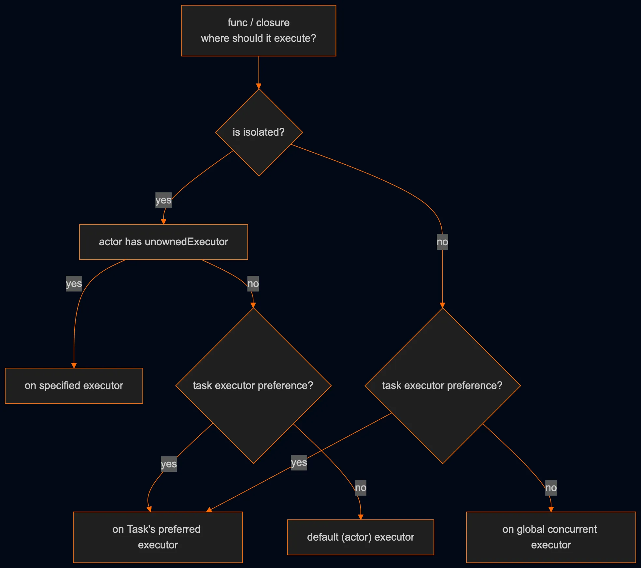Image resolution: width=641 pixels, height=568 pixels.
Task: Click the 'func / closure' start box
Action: coord(259,30)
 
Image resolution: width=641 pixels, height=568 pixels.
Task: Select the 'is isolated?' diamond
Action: coord(259,132)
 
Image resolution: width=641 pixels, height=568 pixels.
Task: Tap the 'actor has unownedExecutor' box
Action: coord(164,242)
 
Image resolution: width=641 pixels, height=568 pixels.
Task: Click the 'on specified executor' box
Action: coord(74,385)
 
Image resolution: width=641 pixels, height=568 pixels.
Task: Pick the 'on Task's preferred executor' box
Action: coord(158,537)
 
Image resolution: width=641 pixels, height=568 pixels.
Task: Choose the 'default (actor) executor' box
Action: coord(361,537)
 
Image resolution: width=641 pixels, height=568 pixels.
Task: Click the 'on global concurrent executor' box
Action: coord(551,537)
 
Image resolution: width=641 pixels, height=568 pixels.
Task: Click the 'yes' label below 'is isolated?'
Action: coord(163,200)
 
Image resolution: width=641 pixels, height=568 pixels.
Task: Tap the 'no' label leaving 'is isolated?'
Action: coord(442,242)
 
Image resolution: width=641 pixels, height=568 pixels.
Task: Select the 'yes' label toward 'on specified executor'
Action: coord(74,283)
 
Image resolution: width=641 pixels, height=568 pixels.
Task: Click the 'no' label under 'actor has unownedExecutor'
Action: coord(253,283)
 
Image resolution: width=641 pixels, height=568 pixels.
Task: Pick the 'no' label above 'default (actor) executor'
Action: coord(361,487)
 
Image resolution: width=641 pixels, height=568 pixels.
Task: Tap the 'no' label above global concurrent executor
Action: coord(551,487)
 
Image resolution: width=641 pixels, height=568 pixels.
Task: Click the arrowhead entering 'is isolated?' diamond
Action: coord(259,86)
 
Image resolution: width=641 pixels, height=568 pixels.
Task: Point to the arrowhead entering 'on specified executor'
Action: coord(74,366)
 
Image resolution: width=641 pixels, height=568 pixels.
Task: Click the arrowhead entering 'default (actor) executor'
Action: coord(361,517)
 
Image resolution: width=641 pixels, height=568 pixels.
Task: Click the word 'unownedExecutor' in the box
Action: coord(186,242)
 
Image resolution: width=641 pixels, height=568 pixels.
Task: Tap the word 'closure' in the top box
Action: coord(273,22)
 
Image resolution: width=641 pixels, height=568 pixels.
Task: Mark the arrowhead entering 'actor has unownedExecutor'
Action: coord(164,222)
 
